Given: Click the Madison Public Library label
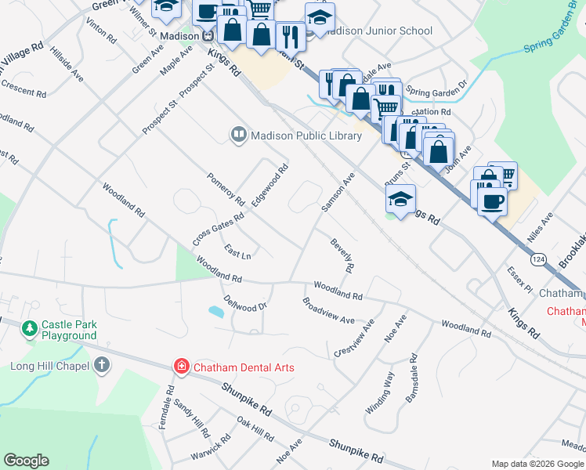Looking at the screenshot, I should (x=306, y=136).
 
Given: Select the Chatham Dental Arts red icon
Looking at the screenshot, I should (x=181, y=366).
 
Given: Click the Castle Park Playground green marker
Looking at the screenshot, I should (x=30, y=327).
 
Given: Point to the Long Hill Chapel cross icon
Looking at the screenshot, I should (x=102, y=365).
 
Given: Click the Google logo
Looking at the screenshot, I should (x=26, y=461).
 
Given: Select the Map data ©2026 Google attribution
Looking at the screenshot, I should (x=537, y=463).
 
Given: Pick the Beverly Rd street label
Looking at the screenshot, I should (x=342, y=256).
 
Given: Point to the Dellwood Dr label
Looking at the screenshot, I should (x=245, y=302).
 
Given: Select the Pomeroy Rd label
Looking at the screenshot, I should (x=226, y=189).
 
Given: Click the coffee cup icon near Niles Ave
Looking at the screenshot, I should (x=491, y=201).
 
